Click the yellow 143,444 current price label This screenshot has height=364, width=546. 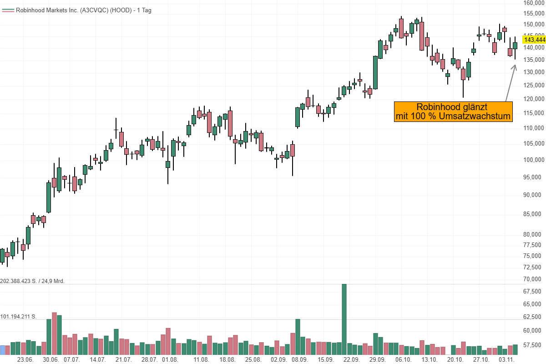point(534,40)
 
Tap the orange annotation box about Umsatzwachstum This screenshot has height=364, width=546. point(453,112)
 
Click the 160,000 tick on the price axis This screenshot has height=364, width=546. point(534,3)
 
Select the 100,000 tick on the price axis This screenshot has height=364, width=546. point(534,160)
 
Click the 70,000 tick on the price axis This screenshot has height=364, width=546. point(534,279)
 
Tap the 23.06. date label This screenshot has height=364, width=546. point(25,359)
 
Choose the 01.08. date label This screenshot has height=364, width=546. point(170,359)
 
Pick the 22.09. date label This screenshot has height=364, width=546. point(352,359)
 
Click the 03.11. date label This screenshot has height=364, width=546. point(506,359)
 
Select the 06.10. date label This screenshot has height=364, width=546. point(404,359)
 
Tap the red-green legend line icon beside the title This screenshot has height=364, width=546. point(8,10)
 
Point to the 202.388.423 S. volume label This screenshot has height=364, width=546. point(33,281)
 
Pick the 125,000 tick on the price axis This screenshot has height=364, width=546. point(534,86)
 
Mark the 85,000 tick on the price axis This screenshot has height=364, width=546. point(534,213)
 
